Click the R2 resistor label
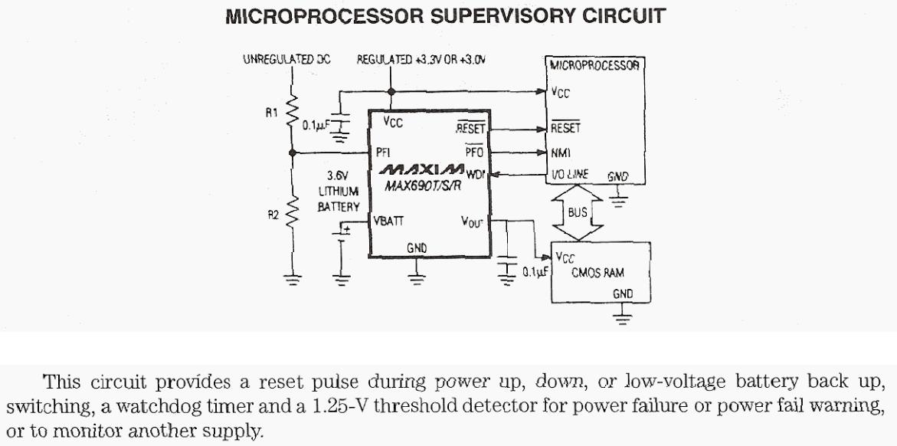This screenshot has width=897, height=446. pos(273,215)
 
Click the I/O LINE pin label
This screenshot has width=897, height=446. pos(570,174)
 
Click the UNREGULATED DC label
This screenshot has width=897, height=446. pos(286,59)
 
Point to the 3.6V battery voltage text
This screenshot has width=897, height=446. pos(338,175)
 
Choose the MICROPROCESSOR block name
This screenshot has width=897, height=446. pos(594,66)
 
